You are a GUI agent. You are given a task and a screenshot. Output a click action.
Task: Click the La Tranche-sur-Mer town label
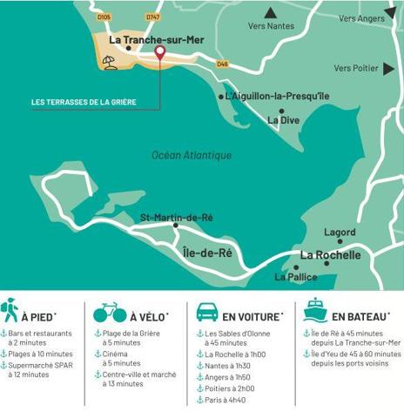[157, 39]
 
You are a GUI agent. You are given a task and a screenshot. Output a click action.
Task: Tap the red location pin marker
[159, 53]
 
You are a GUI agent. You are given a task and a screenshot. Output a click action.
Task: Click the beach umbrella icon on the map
[110, 60]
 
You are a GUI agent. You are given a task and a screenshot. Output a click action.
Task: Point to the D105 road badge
[104, 17]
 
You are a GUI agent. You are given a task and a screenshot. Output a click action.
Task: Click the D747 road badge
[153, 17]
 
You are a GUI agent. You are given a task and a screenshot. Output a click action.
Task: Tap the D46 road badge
[222, 64]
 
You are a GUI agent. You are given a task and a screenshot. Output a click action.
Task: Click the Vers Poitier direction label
[355, 68]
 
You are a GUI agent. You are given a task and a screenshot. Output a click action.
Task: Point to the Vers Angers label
[360, 17]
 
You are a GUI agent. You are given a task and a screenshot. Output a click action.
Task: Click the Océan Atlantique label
[192, 155]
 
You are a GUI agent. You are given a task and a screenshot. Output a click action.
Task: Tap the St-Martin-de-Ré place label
[177, 217]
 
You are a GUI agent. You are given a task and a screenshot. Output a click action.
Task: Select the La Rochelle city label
[330, 255]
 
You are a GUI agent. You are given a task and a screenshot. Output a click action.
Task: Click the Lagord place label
[340, 233]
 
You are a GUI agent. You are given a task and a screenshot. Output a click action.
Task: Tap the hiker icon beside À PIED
[10, 311]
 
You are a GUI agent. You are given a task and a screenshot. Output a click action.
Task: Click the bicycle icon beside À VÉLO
[110, 311]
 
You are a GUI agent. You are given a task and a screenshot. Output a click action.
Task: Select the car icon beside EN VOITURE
[207, 311]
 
